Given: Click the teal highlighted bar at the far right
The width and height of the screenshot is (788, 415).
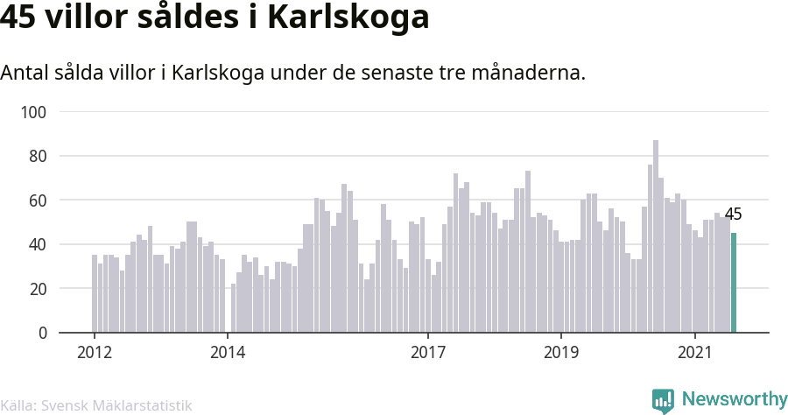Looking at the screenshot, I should [734, 282].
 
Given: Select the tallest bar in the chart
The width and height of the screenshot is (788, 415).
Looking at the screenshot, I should [656, 236].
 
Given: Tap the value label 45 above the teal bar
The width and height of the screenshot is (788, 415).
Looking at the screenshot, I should [734, 215].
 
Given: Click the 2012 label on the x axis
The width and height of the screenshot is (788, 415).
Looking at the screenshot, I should [95, 352].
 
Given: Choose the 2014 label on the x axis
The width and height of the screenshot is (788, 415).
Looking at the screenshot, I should [228, 352].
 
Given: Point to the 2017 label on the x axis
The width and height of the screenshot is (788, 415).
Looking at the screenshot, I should [428, 352].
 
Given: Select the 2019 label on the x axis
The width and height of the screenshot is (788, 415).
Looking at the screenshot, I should [561, 352].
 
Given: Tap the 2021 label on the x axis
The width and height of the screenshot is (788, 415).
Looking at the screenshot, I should [694, 352].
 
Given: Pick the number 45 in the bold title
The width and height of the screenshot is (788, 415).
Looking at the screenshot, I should [20, 18].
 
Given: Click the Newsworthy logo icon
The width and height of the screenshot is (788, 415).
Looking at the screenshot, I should [663, 400].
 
